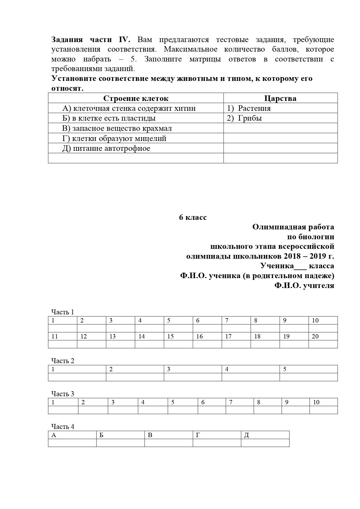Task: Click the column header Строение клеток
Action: (x=135, y=98)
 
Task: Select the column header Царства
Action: (x=280, y=98)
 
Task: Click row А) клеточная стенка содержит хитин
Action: (x=129, y=108)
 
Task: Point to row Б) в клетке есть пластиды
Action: (x=109, y=118)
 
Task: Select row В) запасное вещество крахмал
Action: (x=117, y=128)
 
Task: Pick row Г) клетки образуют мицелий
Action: (x=114, y=138)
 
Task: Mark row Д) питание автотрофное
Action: (x=106, y=148)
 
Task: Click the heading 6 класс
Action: (x=193, y=217)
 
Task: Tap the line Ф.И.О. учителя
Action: (x=304, y=285)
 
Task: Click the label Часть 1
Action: (x=63, y=312)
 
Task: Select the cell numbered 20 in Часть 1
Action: (x=315, y=336)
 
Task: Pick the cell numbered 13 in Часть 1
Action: (x=113, y=336)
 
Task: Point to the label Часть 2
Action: (x=63, y=361)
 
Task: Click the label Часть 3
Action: (x=63, y=394)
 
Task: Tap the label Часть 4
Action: (x=63, y=427)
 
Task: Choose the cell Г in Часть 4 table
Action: (x=198, y=435)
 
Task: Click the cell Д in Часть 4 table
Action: (x=246, y=435)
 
